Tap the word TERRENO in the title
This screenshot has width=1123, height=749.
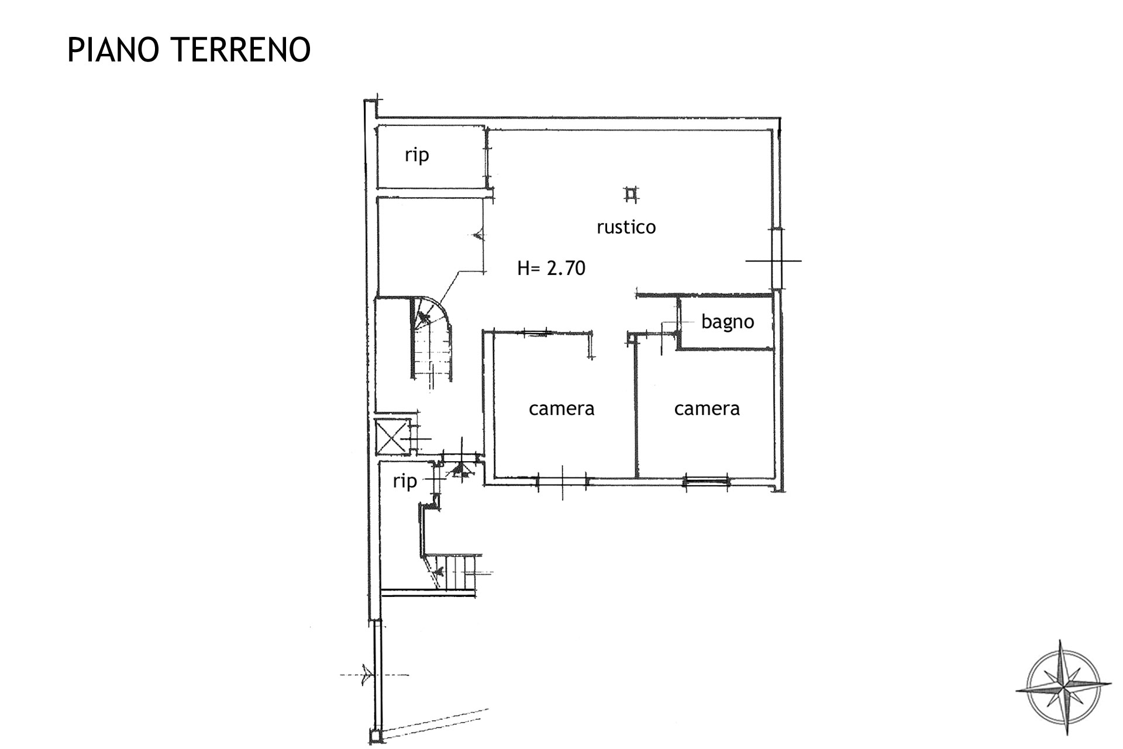241,50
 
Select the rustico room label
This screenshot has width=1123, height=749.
626,227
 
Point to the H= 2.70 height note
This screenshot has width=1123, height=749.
551,268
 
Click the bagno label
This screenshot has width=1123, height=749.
728,322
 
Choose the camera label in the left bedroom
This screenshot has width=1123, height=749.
561,408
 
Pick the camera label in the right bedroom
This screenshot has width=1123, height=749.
707,408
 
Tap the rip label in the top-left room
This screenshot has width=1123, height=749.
416,155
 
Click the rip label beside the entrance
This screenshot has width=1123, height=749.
405,482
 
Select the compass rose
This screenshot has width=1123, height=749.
1063,688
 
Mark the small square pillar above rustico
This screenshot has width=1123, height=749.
631,194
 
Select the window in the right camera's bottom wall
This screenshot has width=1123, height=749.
707,482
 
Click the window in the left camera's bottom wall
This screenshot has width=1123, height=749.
562,482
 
